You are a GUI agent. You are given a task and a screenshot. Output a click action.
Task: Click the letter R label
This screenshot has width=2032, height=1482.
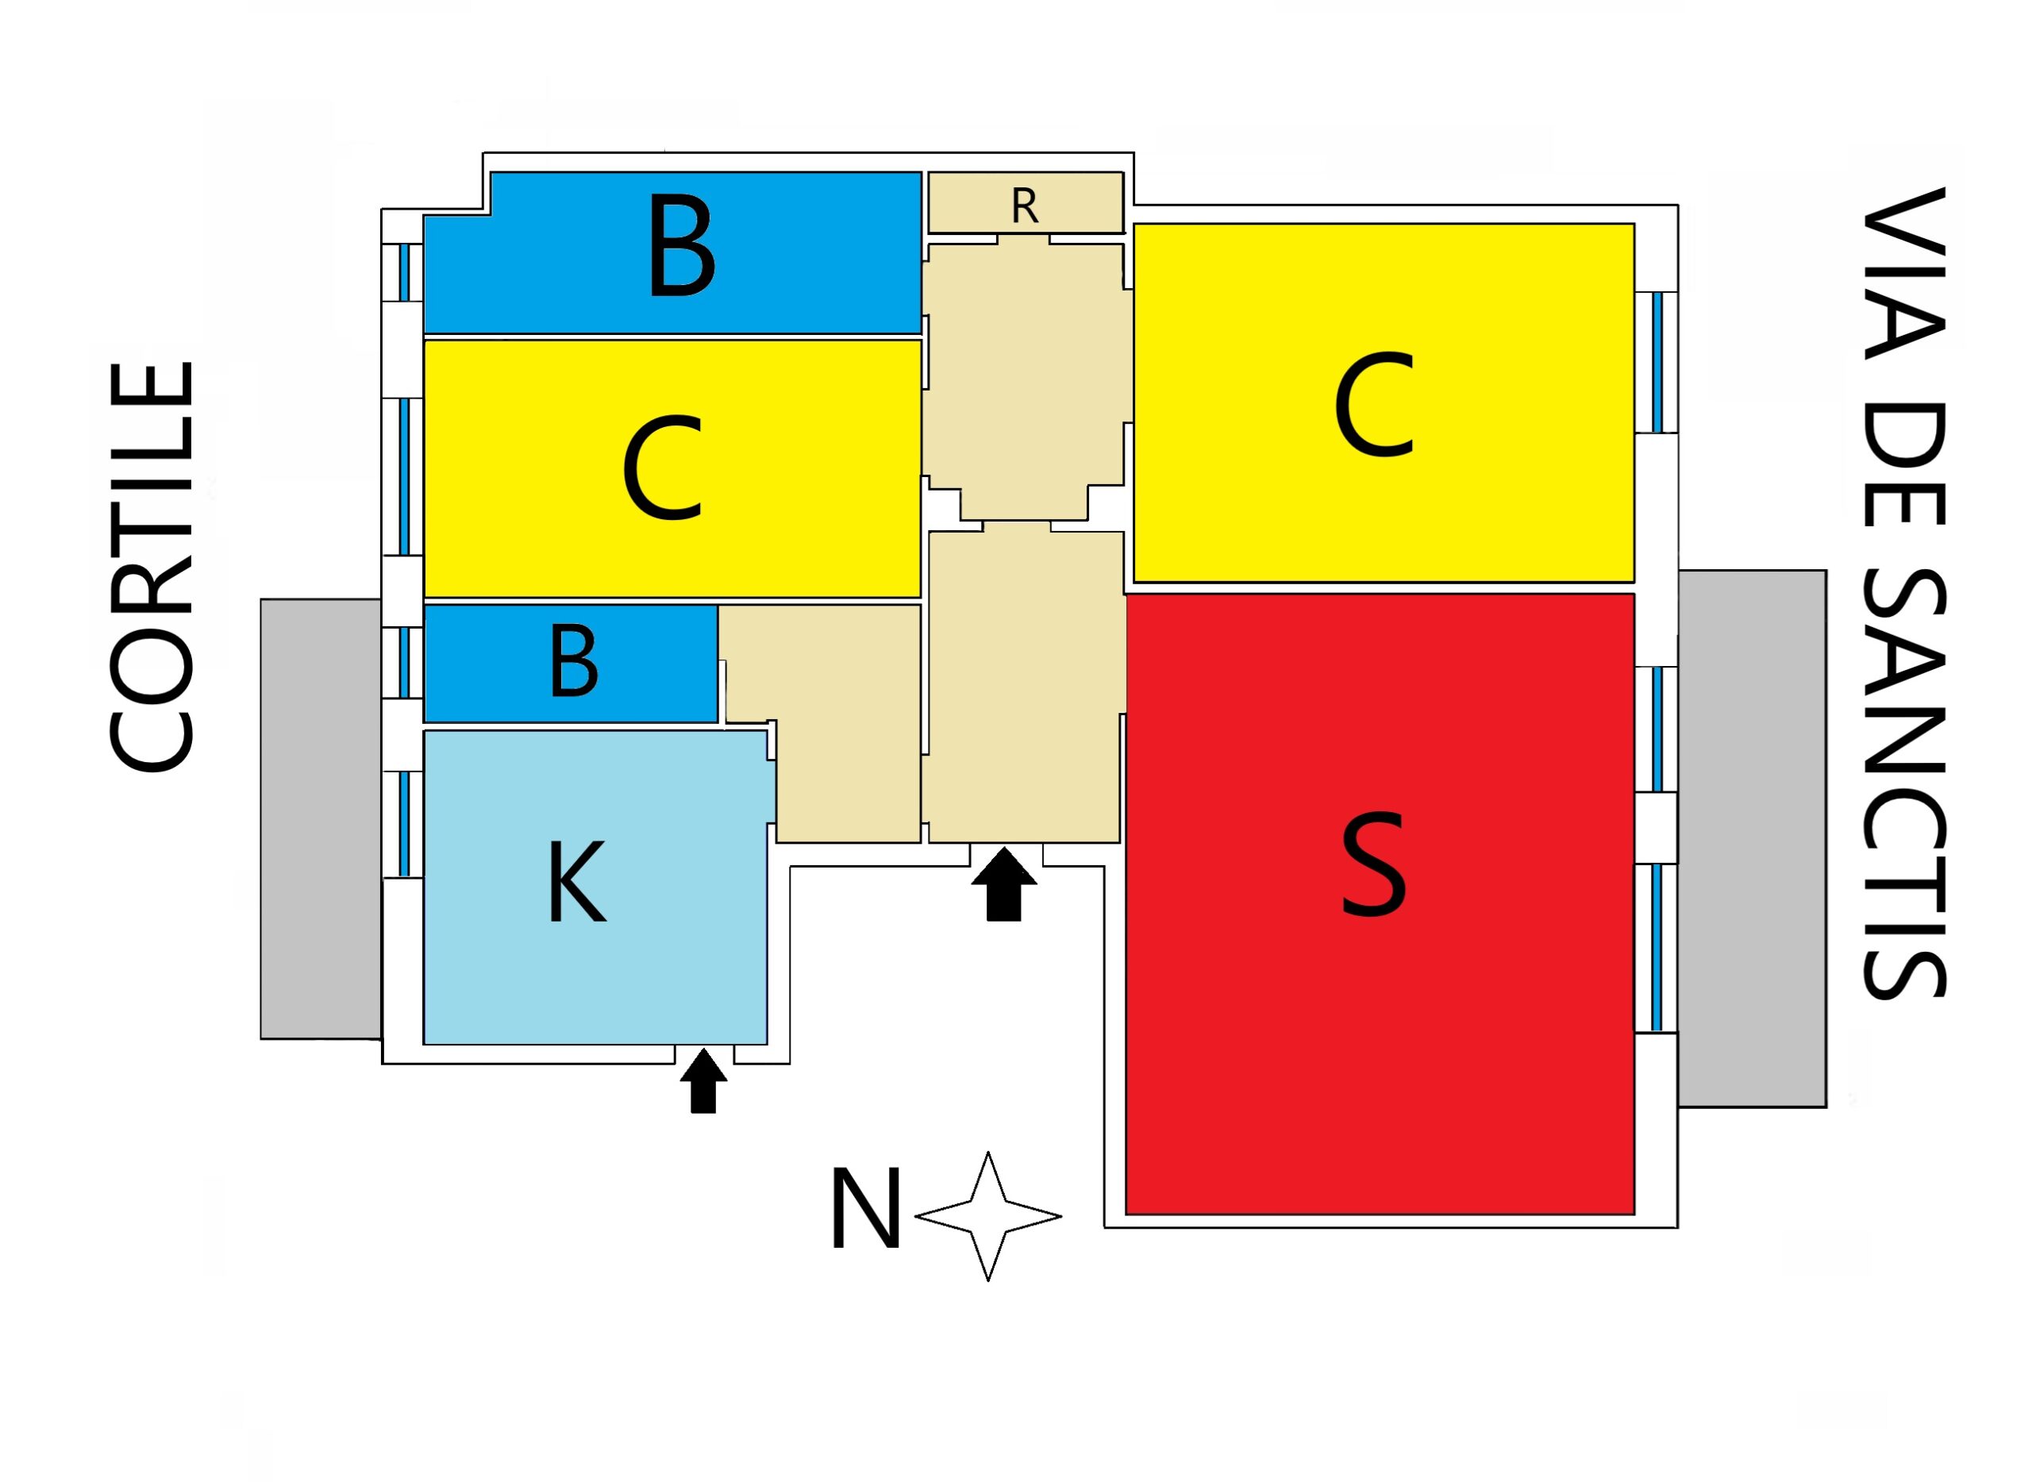click(1025, 206)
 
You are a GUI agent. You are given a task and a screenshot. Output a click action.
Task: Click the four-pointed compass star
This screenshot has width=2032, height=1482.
click(987, 1216)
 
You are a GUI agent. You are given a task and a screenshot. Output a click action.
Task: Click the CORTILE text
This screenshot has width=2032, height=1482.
click(152, 566)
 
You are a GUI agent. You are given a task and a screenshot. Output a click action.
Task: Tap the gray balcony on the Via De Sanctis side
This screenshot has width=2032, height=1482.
click(1751, 838)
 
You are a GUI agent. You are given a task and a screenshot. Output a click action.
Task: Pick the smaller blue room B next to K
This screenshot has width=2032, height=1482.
click(484, 663)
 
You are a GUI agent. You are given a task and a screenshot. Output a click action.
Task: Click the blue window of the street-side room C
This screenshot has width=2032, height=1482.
click(1657, 363)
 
